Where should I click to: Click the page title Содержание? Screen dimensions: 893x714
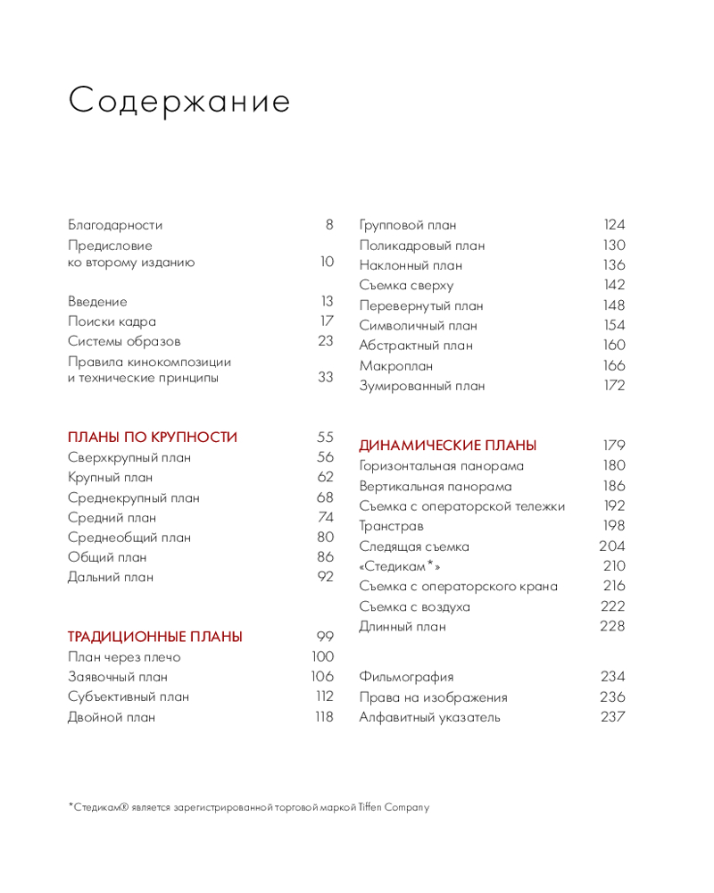pos(179,101)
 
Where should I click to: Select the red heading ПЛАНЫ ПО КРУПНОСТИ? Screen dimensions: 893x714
pos(153,438)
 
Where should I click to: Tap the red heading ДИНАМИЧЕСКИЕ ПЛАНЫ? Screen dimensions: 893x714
pos(448,446)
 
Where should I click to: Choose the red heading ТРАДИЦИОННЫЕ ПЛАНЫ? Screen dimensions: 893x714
pos(155,637)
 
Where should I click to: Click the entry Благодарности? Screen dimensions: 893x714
pos(115,225)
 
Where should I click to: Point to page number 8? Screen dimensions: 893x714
pos(328,225)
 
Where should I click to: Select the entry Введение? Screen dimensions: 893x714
pos(97,302)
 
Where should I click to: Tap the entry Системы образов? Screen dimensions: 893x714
pos(124,341)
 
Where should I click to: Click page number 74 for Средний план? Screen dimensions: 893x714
pos(325,518)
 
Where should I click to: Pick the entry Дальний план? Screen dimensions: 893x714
pos(111,577)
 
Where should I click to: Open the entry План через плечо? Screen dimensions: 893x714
pos(124,657)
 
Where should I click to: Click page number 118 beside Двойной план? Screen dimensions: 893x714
pos(323,717)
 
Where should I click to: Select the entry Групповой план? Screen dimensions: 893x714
pos(408,225)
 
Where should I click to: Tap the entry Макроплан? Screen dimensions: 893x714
pos(396,366)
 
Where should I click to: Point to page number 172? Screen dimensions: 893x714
pos(614,386)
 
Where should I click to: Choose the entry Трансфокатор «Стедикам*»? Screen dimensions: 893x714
pos(400,566)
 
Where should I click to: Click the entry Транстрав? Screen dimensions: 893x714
pos(392,526)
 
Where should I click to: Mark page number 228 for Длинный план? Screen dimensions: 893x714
pos(612,626)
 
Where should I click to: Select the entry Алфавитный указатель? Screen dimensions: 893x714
pos(430,717)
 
